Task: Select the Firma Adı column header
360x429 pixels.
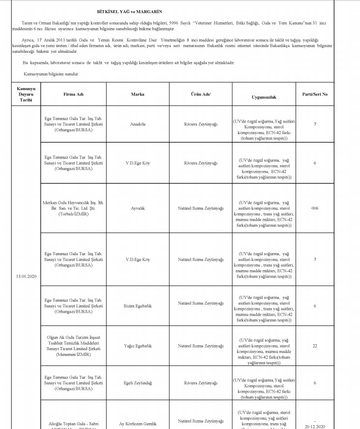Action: tap(74, 94)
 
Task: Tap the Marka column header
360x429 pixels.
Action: tap(137, 94)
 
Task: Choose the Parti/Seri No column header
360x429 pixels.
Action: tap(315, 94)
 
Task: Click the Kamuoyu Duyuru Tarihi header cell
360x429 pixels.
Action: tap(26, 94)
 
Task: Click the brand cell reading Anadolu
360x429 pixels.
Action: tap(137, 124)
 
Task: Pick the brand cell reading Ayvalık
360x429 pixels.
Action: tap(137, 208)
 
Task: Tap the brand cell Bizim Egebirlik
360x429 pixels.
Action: tap(137, 306)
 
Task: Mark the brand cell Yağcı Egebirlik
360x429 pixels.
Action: tap(137, 346)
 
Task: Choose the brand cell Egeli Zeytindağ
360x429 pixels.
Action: tap(137, 383)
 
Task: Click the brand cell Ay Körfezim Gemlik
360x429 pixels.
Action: tap(137, 424)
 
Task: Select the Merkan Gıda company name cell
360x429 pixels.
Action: tap(74, 208)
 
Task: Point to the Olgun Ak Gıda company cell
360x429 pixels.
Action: tap(74, 345)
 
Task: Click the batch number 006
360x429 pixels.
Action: tap(315, 208)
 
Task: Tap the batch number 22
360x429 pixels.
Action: tap(315, 346)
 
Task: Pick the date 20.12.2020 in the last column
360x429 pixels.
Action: tap(315, 427)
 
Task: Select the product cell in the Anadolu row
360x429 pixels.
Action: tap(200, 124)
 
